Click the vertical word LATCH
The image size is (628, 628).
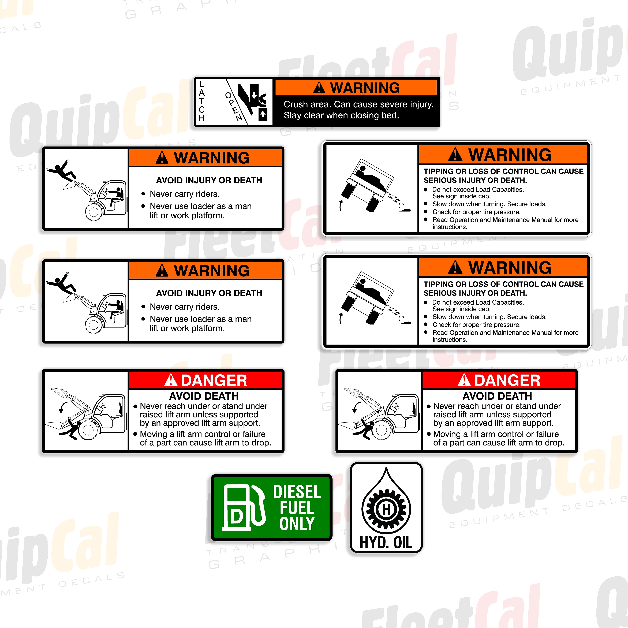coord(201,101)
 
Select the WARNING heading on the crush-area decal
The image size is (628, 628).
coord(365,88)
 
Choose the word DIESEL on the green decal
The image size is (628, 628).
coord(297,492)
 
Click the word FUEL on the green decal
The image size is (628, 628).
coord(297,508)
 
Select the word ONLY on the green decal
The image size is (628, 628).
coord(297,524)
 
